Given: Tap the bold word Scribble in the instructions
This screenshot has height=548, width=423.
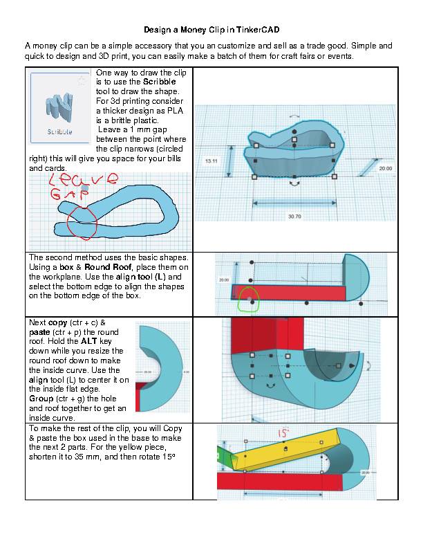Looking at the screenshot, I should (x=160, y=82).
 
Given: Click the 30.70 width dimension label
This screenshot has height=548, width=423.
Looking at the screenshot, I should (x=295, y=217).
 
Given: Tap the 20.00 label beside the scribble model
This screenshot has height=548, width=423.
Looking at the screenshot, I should (x=386, y=168).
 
